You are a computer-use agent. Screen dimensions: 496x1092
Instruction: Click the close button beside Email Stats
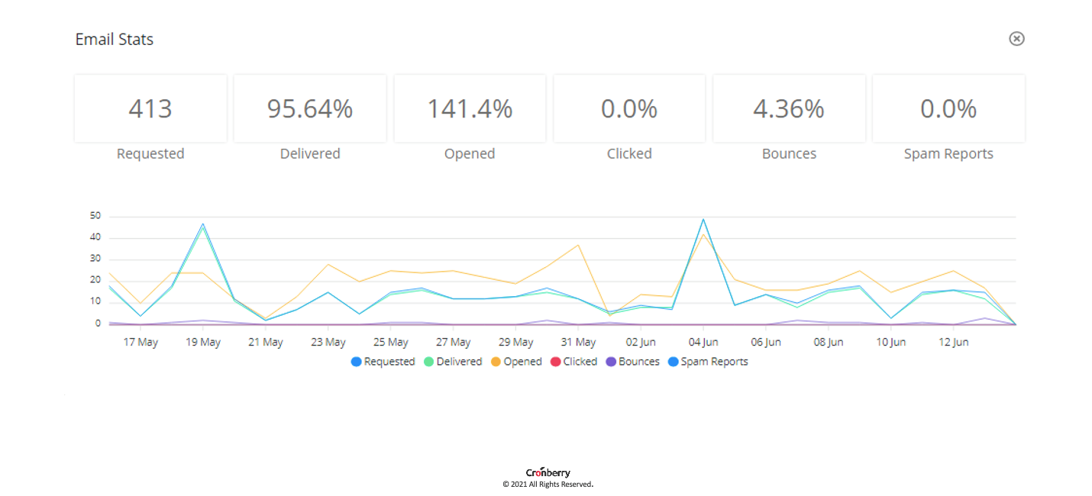pyautogui.click(x=1016, y=39)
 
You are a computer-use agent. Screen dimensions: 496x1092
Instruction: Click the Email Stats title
pyautogui.click(x=115, y=40)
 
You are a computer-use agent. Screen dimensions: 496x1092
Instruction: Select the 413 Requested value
pyautogui.click(x=150, y=109)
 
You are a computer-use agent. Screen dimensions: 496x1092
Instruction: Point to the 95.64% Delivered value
pyautogui.click(x=310, y=109)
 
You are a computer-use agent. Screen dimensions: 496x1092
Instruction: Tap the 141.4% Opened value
pyautogui.click(x=470, y=109)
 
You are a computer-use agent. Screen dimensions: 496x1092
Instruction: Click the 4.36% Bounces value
pyautogui.click(x=789, y=109)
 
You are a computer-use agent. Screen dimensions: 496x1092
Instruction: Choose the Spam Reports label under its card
pyautogui.click(x=948, y=153)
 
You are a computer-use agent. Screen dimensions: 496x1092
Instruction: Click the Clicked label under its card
pyautogui.click(x=629, y=153)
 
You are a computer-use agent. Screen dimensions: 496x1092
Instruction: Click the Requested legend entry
pyautogui.click(x=383, y=362)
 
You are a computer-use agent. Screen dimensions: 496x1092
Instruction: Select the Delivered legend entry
pyautogui.click(x=453, y=362)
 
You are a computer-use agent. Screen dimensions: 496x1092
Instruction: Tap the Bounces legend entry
pyautogui.click(x=633, y=362)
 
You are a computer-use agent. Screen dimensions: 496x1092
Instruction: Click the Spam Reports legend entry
pyautogui.click(x=708, y=362)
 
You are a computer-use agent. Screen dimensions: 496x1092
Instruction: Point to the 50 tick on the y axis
pyautogui.click(x=95, y=216)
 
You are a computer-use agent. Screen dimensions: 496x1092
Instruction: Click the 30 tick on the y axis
pyautogui.click(x=95, y=259)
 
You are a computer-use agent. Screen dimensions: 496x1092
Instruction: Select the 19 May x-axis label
pyautogui.click(x=203, y=342)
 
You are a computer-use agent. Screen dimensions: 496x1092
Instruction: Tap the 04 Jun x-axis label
pyautogui.click(x=703, y=342)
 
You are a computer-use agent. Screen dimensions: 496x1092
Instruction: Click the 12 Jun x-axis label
pyautogui.click(x=953, y=342)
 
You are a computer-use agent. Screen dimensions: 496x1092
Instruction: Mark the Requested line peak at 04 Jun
pyautogui.click(x=703, y=220)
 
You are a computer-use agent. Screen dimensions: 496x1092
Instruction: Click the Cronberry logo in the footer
pyautogui.click(x=548, y=473)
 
